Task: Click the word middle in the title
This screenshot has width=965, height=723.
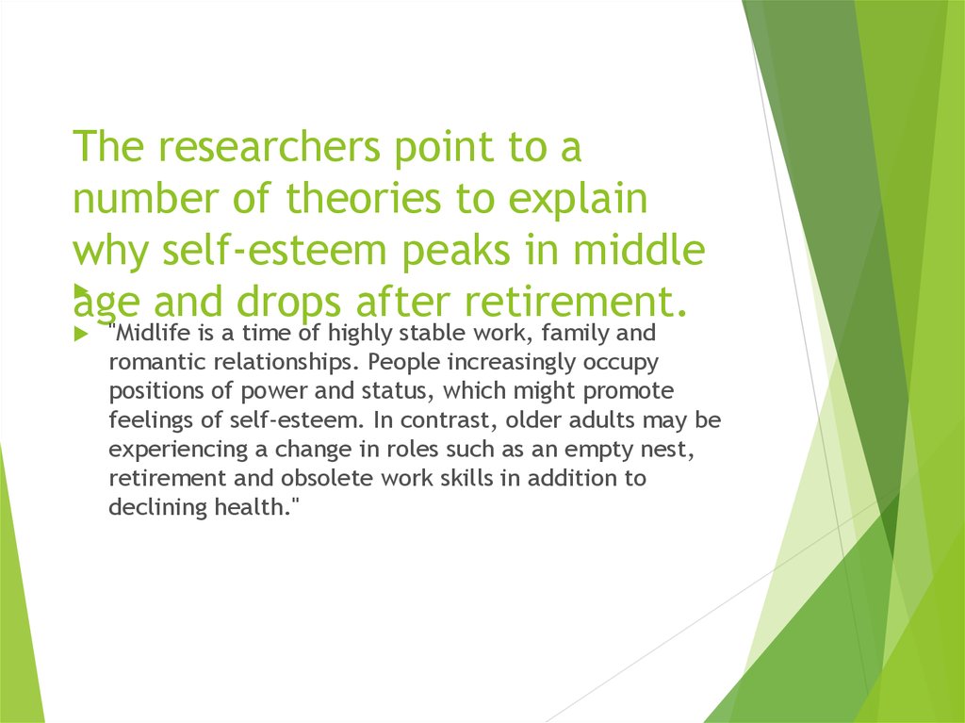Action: (639, 250)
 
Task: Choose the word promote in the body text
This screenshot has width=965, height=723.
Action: (628, 392)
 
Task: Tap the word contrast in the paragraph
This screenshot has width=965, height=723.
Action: (450, 421)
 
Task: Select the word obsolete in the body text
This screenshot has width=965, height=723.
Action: (327, 478)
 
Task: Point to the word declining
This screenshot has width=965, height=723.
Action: (158, 508)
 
